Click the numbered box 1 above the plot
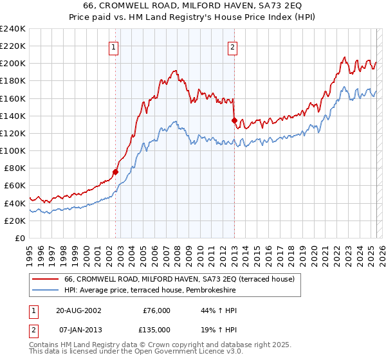point(113,46)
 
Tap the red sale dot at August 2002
point(116,172)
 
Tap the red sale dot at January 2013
point(234,120)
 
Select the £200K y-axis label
point(13,64)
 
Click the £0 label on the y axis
point(19,238)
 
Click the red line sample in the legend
point(46,279)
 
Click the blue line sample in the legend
point(46,291)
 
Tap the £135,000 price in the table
point(156,329)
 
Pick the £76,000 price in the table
point(156,310)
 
